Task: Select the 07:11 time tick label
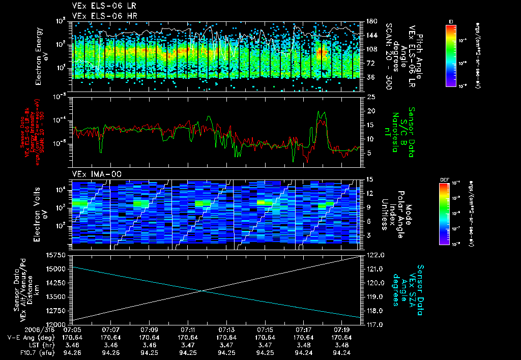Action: point(188,330)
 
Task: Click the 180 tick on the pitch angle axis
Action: point(371,21)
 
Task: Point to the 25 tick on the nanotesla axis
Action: point(371,97)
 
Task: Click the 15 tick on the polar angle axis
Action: point(370,179)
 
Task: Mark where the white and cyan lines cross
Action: point(203,290)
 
